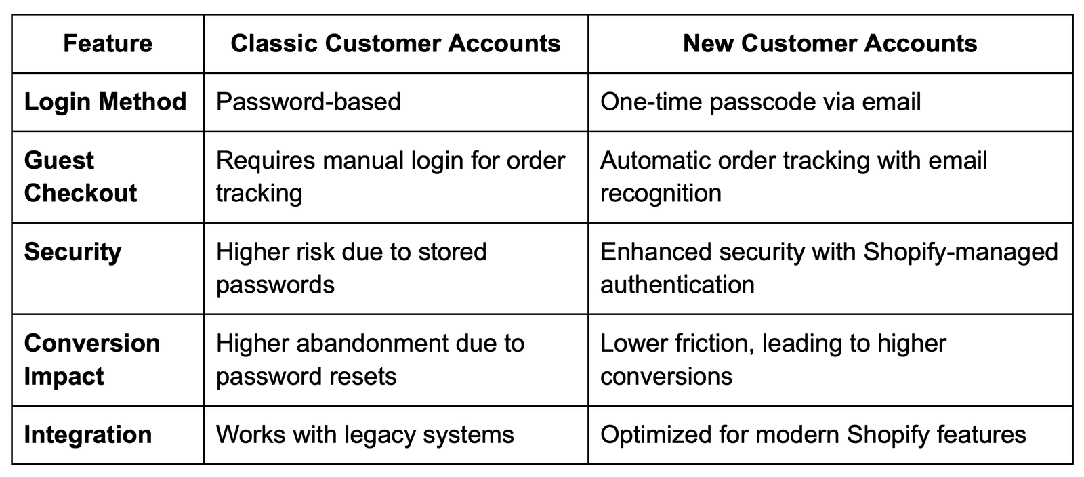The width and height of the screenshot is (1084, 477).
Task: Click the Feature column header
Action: pyautogui.click(x=108, y=43)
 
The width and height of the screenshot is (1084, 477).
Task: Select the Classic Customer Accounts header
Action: pyautogui.click(x=396, y=43)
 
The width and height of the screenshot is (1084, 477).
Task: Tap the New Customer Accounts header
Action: pyautogui.click(x=830, y=43)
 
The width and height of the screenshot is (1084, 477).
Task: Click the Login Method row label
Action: pyautogui.click(x=106, y=102)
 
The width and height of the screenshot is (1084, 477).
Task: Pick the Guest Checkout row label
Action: pyautogui.click(x=81, y=177)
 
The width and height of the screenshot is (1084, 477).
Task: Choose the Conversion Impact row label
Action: pyautogui.click(x=92, y=360)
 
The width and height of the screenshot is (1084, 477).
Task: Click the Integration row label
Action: pyautogui.click(x=88, y=435)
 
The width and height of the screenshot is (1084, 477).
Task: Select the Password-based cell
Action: pyautogui.click(x=308, y=102)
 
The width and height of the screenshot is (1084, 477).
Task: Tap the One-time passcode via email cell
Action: pyautogui.click(x=760, y=102)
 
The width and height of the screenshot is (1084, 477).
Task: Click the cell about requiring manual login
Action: pyautogui.click(x=390, y=177)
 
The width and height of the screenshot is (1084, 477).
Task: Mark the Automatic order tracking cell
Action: pyautogui.click(x=793, y=177)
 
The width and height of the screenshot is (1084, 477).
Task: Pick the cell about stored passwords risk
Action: pyautogui.click(x=352, y=268)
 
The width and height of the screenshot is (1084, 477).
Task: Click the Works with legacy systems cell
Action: pyautogui.click(x=365, y=435)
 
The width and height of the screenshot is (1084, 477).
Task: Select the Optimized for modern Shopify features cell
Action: pyautogui.click(x=813, y=435)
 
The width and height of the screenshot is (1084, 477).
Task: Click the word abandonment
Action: pyautogui.click(x=372, y=344)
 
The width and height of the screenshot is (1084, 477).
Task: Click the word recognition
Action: pyautogui.click(x=661, y=194)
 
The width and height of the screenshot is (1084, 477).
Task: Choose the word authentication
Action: pyautogui.click(x=677, y=285)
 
